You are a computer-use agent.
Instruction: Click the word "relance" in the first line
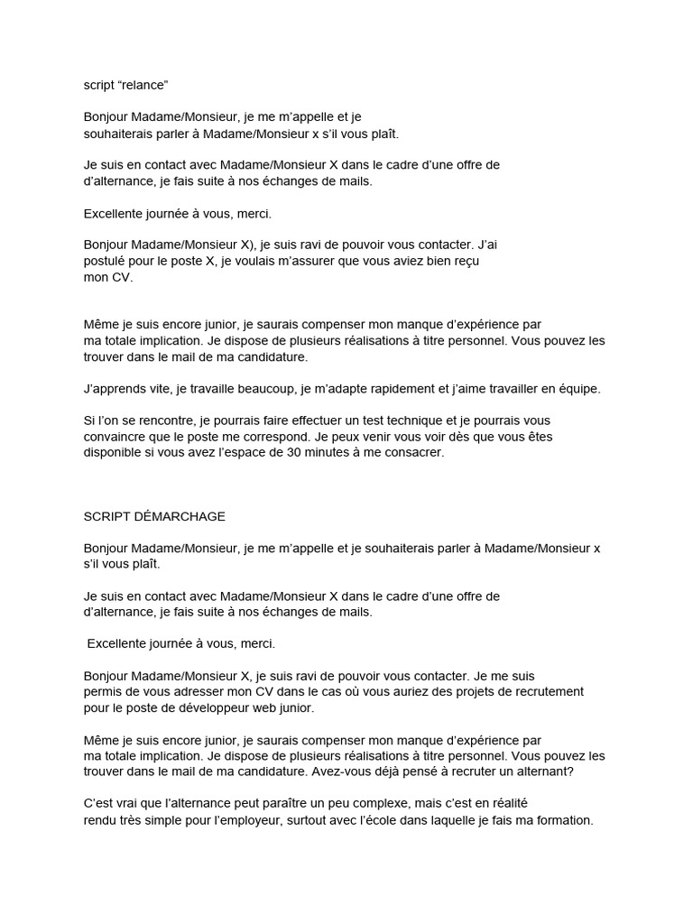pyautogui.click(x=143, y=85)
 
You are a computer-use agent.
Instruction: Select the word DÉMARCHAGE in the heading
pyautogui.click(x=181, y=516)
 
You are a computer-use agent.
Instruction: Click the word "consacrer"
pyautogui.click(x=414, y=453)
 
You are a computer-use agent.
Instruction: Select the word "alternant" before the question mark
pyautogui.click(x=551, y=772)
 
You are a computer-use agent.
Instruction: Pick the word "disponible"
pyautogui.click(x=115, y=453)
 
